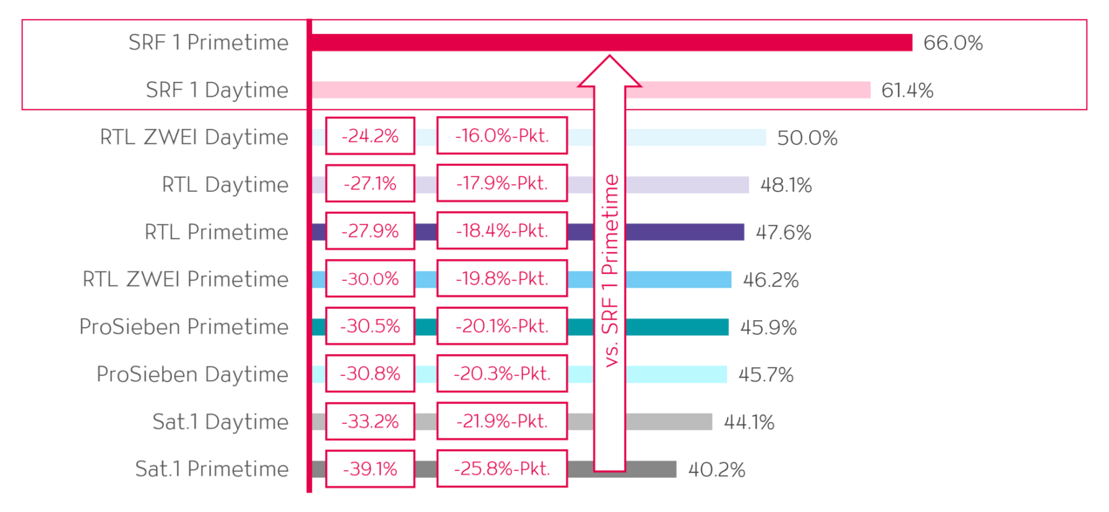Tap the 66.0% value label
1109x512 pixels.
point(953,43)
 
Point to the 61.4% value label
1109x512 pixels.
point(907,90)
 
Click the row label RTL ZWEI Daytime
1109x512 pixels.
point(194,137)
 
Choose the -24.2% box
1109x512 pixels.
point(370,136)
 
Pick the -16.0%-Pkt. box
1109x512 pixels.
point(501,136)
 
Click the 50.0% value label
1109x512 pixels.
point(807,138)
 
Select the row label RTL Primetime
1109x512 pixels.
point(216,232)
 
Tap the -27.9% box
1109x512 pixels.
point(370,231)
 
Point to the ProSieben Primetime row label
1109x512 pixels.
point(184,326)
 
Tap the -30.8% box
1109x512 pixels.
point(370,373)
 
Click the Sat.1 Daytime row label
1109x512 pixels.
point(220,421)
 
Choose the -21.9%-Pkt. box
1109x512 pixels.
point(501,420)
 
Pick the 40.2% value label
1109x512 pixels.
point(717,470)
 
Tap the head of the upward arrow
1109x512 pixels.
point(609,73)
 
